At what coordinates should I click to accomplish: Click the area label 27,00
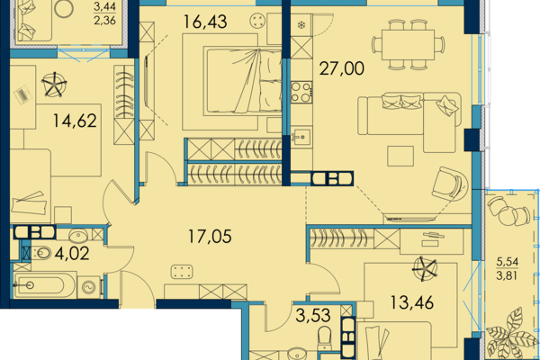click(x=341, y=68)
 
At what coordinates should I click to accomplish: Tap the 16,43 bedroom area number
click(x=205, y=22)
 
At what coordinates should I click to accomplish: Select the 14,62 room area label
click(x=75, y=121)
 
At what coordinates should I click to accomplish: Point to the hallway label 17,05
click(x=210, y=237)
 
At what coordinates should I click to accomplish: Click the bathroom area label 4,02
click(x=72, y=254)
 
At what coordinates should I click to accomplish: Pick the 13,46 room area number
click(x=411, y=302)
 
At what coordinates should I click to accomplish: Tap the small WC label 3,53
click(x=313, y=316)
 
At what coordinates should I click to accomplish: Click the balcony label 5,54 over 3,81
click(x=507, y=269)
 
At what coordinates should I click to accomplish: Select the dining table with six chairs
click(x=408, y=45)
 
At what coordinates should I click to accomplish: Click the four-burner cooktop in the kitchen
click(x=301, y=93)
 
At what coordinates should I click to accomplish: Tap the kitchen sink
click(x=301, y=137)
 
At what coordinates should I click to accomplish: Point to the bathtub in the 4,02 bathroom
click(x=45, y=285)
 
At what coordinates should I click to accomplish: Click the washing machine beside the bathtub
click(x=89, y=286)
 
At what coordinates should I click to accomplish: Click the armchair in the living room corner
click(x=450, y=184)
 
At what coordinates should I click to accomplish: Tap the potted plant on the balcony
click(x=512, y=334)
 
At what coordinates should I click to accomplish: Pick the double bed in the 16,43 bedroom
click(x=243, y=81)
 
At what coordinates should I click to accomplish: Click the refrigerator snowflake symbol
click(x=301, y=25)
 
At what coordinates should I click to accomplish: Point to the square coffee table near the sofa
click(x=400, y=156)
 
